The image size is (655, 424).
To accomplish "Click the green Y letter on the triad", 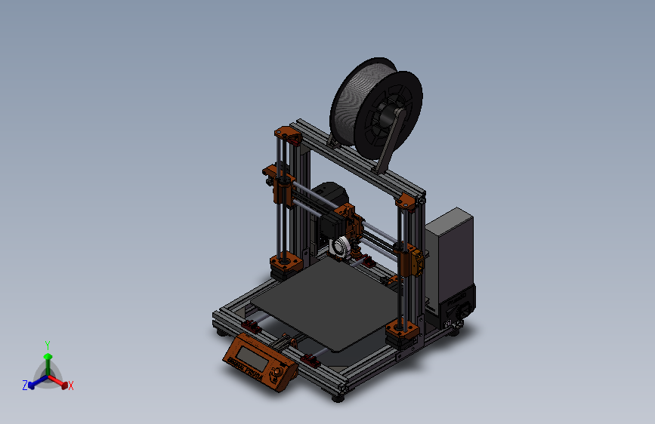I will [x=48, y=344].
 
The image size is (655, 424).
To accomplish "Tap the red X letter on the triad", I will [x=71, y=386].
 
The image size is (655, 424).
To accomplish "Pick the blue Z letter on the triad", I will [x=25, y=385].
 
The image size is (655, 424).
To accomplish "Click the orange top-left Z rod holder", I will [x=288, y=137].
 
